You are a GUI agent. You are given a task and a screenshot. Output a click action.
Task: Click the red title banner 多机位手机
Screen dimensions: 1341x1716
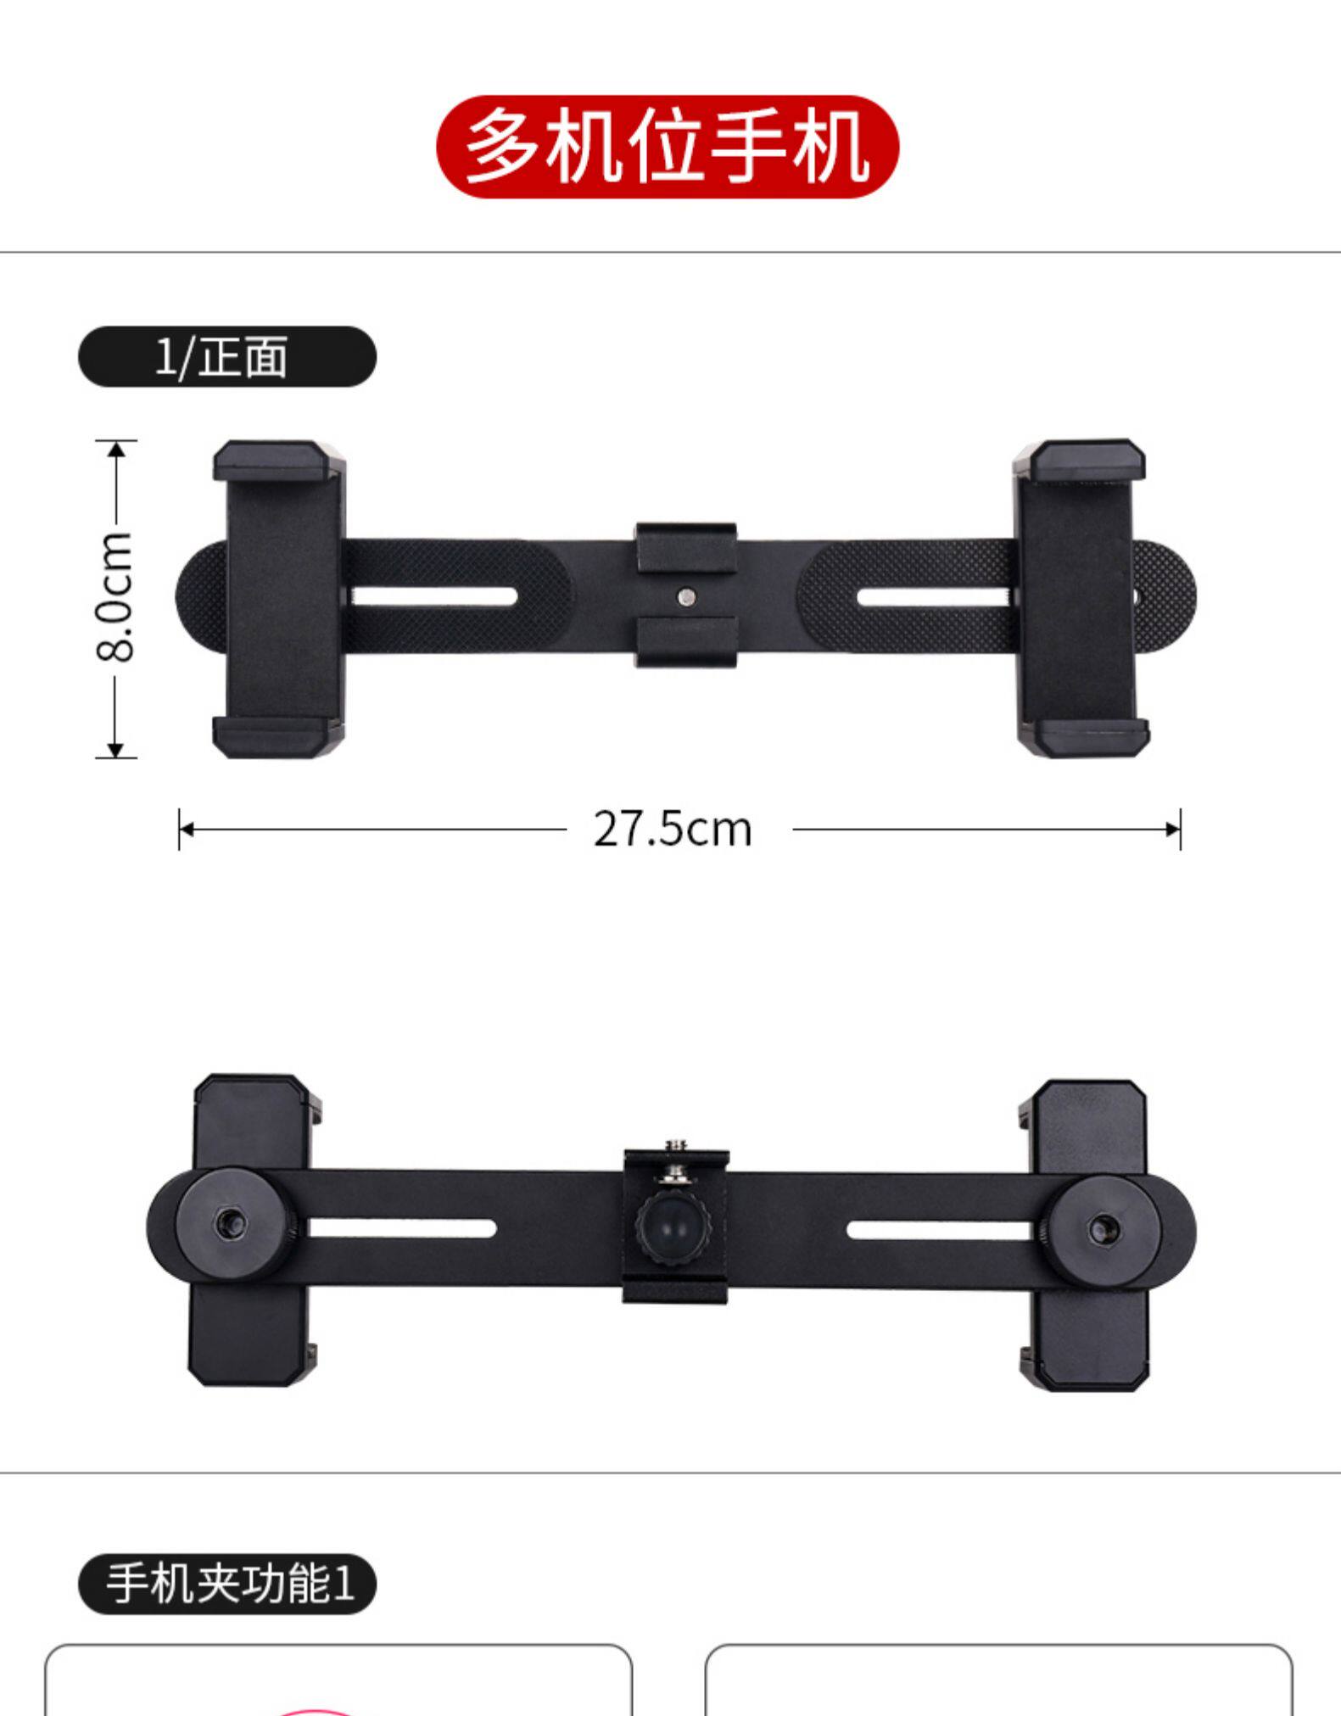coord(668,147)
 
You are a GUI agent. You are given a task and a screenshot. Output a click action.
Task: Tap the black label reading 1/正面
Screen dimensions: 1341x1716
coord(227,356)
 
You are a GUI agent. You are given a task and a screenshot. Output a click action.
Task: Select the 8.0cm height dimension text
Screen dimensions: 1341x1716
coord(115,596)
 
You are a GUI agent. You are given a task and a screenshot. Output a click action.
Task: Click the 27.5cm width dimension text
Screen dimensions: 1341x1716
coord(673,829)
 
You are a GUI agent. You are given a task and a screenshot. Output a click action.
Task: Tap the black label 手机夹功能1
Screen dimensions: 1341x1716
coord(227,1583)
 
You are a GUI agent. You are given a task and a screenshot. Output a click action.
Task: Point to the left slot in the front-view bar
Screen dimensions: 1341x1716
coord(433,596)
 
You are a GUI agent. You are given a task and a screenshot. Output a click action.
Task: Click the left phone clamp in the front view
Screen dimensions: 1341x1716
coord(279,598)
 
